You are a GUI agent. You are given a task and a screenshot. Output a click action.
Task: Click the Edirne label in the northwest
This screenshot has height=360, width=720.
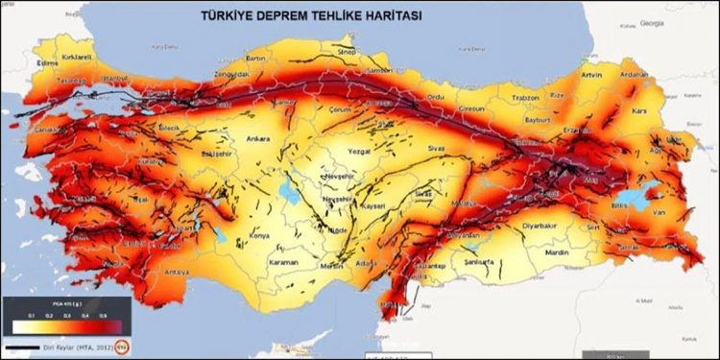[45, 64]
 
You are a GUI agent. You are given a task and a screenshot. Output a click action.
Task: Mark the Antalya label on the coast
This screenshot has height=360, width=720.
[177, 270]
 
